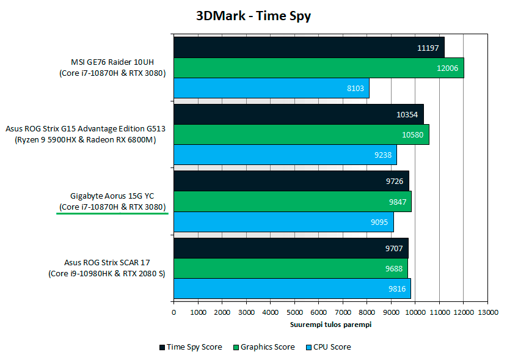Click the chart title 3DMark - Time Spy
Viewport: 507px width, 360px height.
coord(253,16)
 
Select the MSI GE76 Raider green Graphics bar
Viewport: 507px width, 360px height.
coord(318,68)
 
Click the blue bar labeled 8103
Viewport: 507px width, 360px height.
coord(271,89)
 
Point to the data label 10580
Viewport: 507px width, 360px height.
coord(412,135)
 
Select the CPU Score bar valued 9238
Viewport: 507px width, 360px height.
coord(285,155)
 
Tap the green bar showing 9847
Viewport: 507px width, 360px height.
coord(292,202)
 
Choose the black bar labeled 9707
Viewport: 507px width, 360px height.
coord(291,249)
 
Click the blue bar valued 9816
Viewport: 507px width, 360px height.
coord(292,288)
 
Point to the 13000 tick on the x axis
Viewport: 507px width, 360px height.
coord(487,312)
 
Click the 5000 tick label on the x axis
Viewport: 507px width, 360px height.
coord(294,312)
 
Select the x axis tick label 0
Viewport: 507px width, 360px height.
coord(174,312)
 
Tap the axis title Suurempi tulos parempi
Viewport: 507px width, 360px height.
coord(330,325)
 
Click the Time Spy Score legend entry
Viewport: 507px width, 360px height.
coord(191,347)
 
